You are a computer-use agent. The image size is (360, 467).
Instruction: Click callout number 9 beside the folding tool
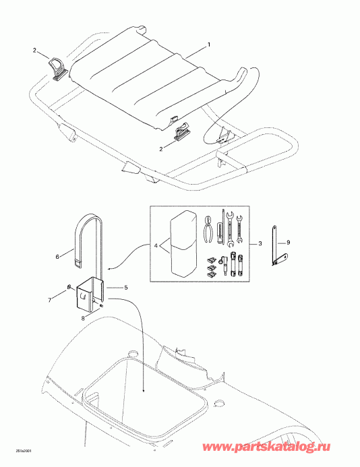(x=289, y=242)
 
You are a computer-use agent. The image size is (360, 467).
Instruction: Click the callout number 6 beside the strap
(x=57, y=257)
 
